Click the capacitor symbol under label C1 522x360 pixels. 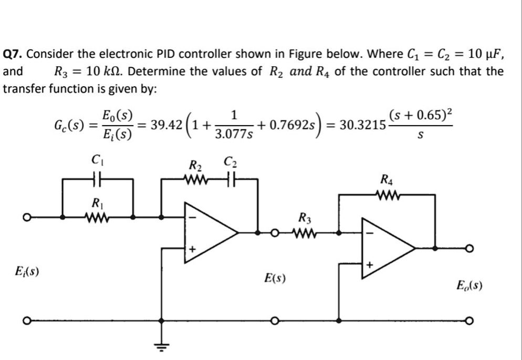[97, 180]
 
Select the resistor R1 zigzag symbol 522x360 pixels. [97, 216]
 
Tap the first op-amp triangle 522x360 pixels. [208, 232]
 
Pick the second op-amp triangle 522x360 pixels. [387, 248]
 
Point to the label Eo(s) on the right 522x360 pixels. [469, 286]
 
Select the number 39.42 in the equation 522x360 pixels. [166, 126]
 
